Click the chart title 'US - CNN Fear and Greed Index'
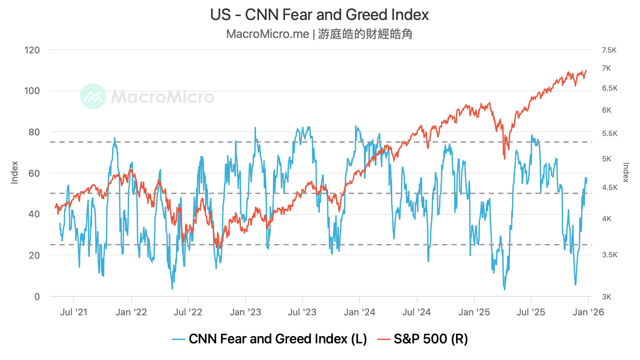pyautogui.click(x=319, y=15)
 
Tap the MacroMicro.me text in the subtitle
pyautogui.click(x=268, y=34)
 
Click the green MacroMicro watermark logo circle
pyautogui.click(x=93, y=96)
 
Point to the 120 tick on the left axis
pyautogui.click(x=32, y=50)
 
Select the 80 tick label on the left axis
pyautogui.click(x=34, y=132)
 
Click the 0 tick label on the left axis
pyautogui.click(x=37, y=297)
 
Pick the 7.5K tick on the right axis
pyautogui.click(x=609, y=50)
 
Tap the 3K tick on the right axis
pyautogui.click(x=606, y=297)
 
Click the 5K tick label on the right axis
pyautogui.click(x=606, y=159)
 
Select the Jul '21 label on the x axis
pyautogui.click(x=74, y=312)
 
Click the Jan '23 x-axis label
pyautogui.click(x=245, y=312)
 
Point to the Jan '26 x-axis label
pyautogui.click(x=588, y=312)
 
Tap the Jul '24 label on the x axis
pyautogui.click(x=416, y=312)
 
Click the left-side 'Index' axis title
pyautogui.click(x=14, y=172)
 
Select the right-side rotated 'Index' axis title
pyautogui.click(x=626, y=172)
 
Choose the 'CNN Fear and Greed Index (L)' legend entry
pyautogui.click(x=270, y=339)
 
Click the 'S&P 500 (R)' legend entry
pyautogui.click(x=423, y=339)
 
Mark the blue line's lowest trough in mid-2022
pyautogui.click(x=172, y=289)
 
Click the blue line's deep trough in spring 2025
pyautogui.click(x=504, y=289)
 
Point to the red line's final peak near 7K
pyautogui.click(x=586, y=70)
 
